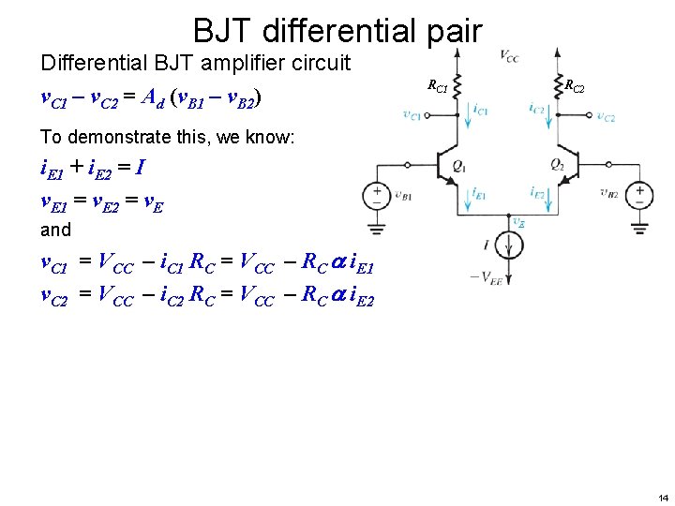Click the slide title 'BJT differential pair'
click(337, 30)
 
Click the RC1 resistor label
click(438, 87)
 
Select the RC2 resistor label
click(575, 87)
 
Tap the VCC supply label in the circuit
click(509, 56)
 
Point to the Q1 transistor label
click(458, 165)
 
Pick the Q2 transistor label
click(557, 165)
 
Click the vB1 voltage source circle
click(377, 196)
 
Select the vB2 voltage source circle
click(641, 196)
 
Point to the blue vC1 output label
click(412, 116)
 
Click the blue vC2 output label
click(606, 117)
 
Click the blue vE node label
click(518, 223)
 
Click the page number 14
click(663, 497)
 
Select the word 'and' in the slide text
click(55, 229)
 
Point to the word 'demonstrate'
click(112, 137)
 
